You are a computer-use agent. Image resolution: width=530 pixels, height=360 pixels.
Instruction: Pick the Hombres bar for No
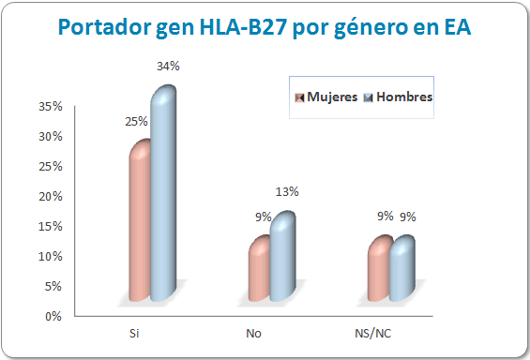(281, 257)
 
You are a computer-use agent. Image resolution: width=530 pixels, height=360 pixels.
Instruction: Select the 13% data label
(287, 192)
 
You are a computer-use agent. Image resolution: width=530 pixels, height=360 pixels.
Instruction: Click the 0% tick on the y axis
(53, 316)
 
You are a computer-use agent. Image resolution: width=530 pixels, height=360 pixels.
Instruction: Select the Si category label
(134, 333)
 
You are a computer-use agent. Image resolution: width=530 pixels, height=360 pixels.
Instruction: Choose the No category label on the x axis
(253, 333)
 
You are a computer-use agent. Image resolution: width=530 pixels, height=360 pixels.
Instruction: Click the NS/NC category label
(373, 333)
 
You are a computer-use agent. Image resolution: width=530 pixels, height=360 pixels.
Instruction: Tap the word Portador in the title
(101, 29)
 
